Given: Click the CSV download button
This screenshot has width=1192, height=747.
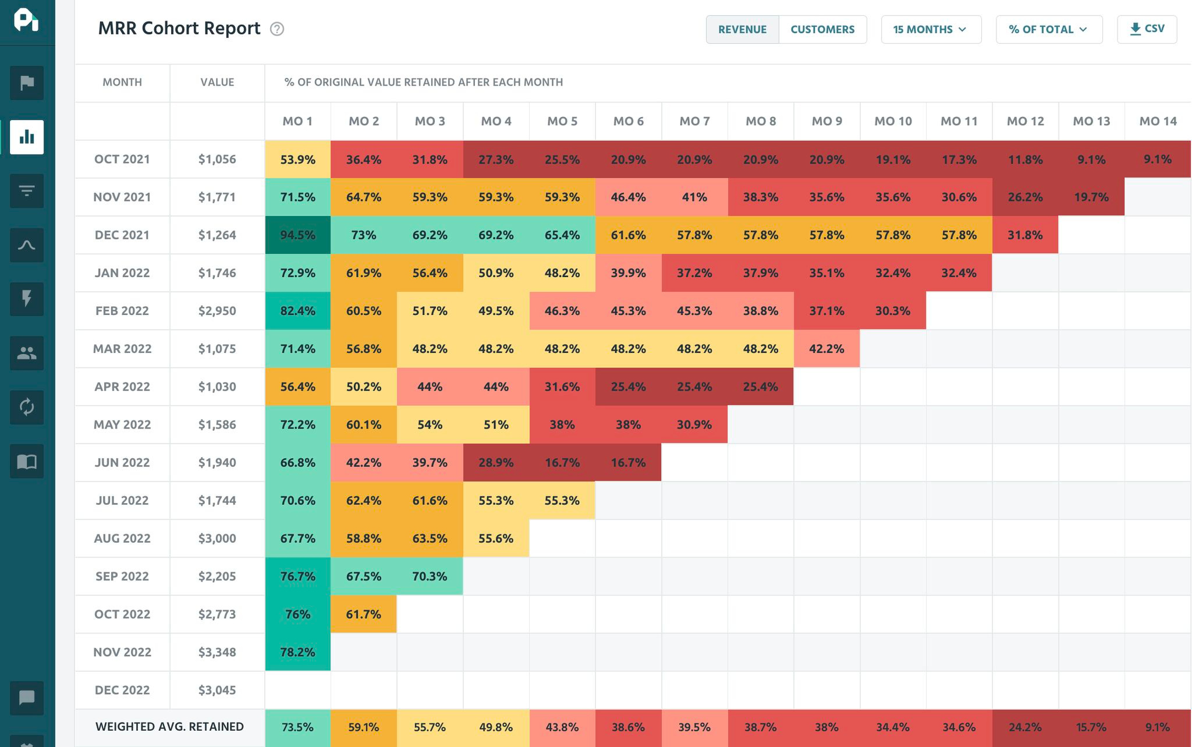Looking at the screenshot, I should [x=1147, y=29].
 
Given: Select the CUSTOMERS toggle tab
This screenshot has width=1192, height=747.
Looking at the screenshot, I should [x=822, y=30].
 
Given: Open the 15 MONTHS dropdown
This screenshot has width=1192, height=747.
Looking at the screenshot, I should [x=930, y=30].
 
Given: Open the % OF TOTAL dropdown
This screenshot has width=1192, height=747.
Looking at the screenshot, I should [x=1048, y=30].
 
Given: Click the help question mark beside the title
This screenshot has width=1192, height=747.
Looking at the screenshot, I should [x=277, y=29].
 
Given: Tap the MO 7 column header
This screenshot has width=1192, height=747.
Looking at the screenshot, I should [x=694, y=121].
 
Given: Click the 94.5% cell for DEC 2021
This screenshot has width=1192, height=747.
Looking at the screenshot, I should [x=297, y=235].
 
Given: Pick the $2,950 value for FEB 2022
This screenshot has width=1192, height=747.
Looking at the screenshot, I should [x=217, y=311].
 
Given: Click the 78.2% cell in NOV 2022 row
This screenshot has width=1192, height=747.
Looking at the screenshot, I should [x=297, y=652].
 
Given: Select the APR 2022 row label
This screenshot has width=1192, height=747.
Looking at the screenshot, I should [x=122, y=387].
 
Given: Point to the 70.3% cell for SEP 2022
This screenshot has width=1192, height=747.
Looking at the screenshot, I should [x=430, y=576].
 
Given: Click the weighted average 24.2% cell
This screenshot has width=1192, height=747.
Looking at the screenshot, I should [x=1025, y=727].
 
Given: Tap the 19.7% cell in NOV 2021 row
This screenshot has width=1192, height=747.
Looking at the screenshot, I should [x=1091, y=197].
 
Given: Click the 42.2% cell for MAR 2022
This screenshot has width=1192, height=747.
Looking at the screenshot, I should [x=826, y=349].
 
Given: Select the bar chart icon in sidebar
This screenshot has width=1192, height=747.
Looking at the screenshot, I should [x=27, y=137].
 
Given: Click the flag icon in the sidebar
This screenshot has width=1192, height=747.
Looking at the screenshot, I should [x=27, y=83].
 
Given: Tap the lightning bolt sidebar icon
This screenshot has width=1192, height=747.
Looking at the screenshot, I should [x=27, y=299].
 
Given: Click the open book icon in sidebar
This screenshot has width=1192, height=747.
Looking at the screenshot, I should [x=27, y=462].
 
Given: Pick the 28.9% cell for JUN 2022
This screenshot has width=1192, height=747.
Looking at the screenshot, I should [x=496, y=463].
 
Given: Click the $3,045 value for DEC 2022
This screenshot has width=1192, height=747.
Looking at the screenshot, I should [x=217, y=690].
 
